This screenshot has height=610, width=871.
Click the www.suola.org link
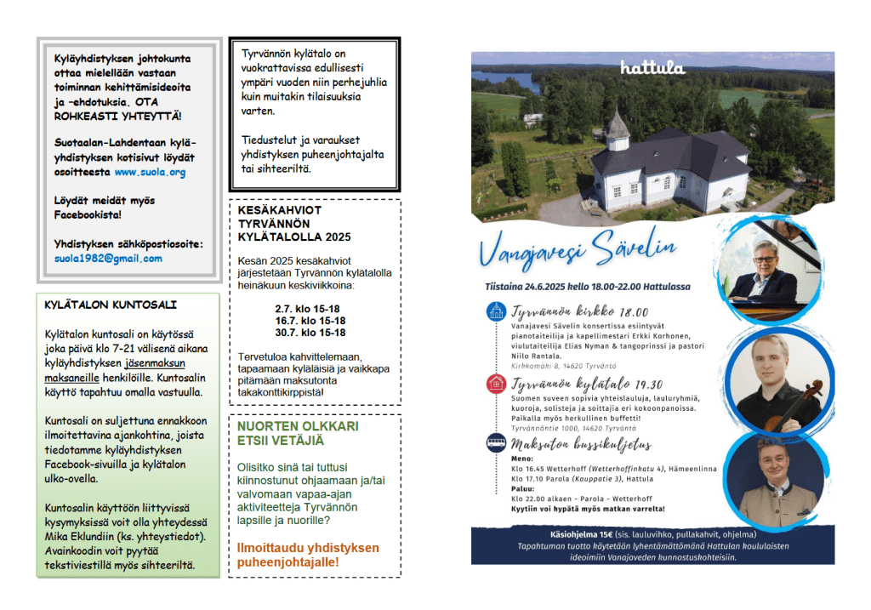click(150, 172)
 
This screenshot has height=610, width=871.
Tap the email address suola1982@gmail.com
click(108, 259)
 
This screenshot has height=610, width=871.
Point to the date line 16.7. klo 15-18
click(310, 321)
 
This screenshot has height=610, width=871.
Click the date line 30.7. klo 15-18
click(310, 333)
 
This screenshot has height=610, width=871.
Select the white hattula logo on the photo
click(653, 67)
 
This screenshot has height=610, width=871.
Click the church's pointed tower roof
click(618, 125)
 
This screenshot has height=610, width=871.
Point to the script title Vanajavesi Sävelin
click(578, 251)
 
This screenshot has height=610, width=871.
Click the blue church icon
click(496, 311)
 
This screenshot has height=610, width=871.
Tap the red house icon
click(496, 384)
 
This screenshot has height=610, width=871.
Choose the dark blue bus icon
click(496, 442)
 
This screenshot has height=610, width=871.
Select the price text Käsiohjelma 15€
click(587, 533)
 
